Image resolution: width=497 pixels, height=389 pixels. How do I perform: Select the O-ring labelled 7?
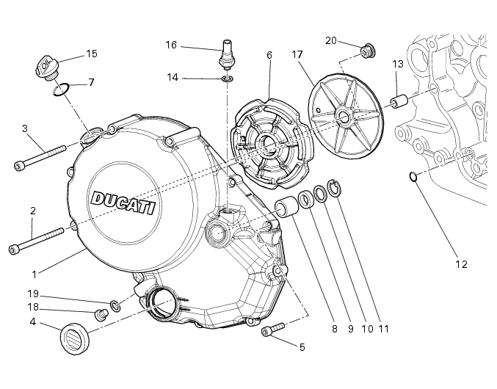(x=61, y=90)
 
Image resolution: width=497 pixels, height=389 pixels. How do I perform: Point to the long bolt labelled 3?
(x=40, y=156)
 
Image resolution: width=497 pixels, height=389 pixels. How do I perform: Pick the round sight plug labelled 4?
(x=74, y=338)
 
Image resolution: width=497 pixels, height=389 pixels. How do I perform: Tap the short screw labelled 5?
(x=272, y=330)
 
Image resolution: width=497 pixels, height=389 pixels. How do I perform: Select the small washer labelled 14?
(x=228, y=78)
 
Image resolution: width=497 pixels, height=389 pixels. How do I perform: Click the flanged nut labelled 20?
(x=368, y=50)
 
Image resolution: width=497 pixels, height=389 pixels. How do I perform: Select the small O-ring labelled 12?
(x=414, y=175)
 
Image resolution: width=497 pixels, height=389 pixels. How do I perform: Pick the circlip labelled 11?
(x=334, y=188)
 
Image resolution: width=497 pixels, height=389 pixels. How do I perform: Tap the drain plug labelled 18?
(x=101, y=315)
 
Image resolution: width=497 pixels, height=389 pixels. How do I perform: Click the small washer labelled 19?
(x=115, y=303)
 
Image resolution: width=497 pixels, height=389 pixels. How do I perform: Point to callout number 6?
(x=269, y=55)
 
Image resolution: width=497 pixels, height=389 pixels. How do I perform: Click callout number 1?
(x=34, y=273)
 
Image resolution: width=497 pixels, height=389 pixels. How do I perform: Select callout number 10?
(x=367, y=328)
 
